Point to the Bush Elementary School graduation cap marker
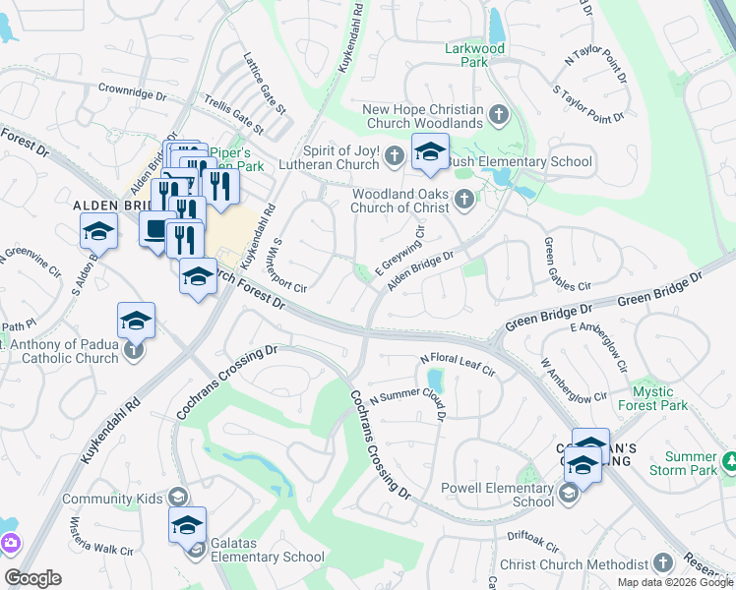click(x=430, y=151)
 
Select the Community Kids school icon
click(x=177, y=499)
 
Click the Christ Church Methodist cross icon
click(x=663, y=563)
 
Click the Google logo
click(x=32, y=578)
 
